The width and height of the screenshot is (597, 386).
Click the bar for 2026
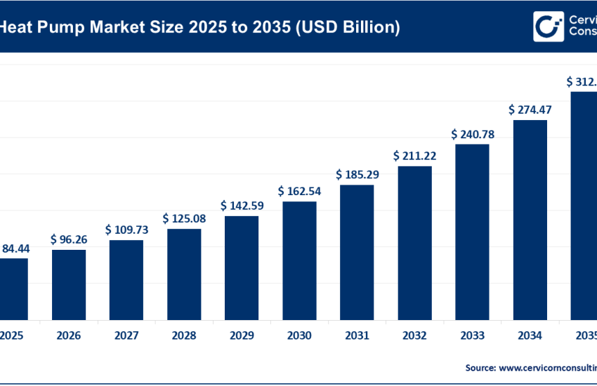pos(69,284)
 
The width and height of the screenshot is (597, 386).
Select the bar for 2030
pos(299,260)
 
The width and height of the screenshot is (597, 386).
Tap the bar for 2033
pos(472,232)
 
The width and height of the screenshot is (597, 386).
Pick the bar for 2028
pos(184,274)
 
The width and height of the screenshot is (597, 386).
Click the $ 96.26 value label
pos(69,239)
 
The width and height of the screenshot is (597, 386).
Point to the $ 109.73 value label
pos(126,229)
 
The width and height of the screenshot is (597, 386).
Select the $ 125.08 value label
pos(184,218)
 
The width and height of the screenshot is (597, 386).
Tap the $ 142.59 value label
pos(242,206)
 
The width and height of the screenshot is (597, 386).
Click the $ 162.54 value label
pos(299,191)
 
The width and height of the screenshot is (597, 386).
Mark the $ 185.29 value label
pos(357,174)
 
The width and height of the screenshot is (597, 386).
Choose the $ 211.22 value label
pos(414,155)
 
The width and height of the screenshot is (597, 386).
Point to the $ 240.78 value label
pos(472,133)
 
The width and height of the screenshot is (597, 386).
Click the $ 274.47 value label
pos(530,109)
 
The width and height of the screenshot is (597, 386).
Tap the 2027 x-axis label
pos(126,336)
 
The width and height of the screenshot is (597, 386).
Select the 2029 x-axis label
pos(242,336)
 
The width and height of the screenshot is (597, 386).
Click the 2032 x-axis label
pos(414,336)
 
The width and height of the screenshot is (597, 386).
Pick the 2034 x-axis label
pos(530,336)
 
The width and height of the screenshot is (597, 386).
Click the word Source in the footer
pos(480,367)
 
